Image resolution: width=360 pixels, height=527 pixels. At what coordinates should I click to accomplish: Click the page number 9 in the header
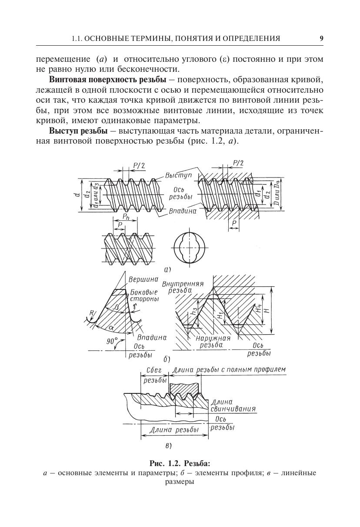pos(321,38)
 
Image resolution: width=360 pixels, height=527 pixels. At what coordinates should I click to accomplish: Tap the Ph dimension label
pos(125,217)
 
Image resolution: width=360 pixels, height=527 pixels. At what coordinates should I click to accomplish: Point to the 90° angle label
pos(112,341)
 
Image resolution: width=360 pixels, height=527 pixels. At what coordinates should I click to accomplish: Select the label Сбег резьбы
pos(155,375)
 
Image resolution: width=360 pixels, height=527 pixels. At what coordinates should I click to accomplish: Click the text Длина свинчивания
pos(232,406)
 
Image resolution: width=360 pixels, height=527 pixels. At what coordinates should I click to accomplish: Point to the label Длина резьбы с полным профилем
pos(229,370)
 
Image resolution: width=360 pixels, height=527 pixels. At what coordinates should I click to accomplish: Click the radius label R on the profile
pos(92,312)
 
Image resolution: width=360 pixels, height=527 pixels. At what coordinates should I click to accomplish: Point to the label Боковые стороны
pos(144,295)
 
